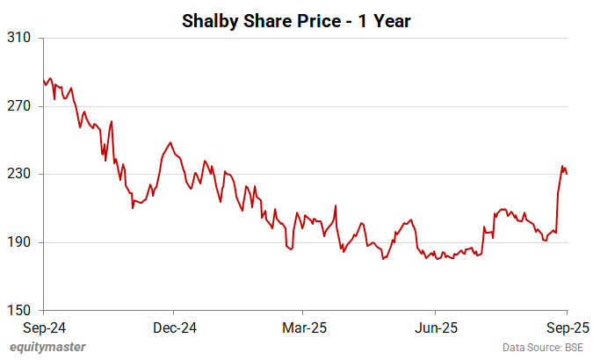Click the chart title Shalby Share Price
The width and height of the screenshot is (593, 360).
[x=296, y=19]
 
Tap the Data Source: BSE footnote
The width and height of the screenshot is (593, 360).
[x=542, y=348]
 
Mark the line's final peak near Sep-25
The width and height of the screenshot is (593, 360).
[x=562, y=166]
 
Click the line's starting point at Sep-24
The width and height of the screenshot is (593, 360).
[x=43, y=81]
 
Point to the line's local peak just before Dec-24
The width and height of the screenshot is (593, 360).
[x=170, y=142]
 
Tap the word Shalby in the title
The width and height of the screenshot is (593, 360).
[x=209, y=19]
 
